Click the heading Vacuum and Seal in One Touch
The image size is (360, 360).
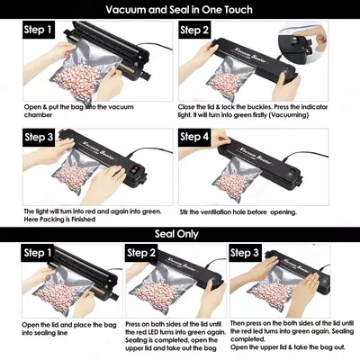tap(180, 10)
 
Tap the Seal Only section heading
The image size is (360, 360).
tap(180, 236)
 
